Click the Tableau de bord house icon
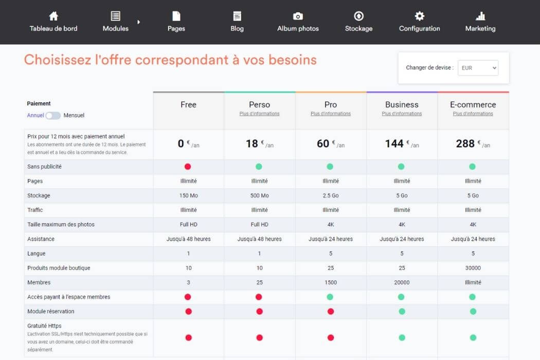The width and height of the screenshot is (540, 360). click(x=53, y=16)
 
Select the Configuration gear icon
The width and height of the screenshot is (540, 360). click(x=419, y=16)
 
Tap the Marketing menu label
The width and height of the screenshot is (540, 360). click(x=480, y=28)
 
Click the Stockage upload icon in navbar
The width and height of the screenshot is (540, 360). click(x=358, y=16)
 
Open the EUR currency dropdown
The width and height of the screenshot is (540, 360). click(x=478, y=68)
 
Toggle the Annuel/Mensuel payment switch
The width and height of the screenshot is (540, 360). click(x=53, y=116)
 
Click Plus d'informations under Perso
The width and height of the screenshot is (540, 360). click(x=259, y=114)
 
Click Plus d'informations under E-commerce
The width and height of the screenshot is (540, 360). click(x=473, y=114)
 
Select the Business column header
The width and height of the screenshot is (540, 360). click(x=402, y=104)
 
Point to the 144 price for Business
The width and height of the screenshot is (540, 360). click(x=394, y=144)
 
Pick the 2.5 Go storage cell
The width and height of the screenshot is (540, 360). click(x=331, y=195)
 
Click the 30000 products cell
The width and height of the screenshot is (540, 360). click(x=473, y=268)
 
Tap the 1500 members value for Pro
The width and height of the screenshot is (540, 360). click(x=331, y=282)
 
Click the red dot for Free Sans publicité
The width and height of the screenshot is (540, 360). click(x=188, y=167)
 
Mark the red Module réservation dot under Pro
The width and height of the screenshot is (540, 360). click(x=331, y=312)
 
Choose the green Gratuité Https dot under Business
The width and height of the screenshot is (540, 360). click(x=402, y=337)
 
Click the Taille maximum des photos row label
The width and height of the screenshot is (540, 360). click(x=61, y=224)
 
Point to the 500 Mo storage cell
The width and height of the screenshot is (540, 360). click(x=259, y=195)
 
